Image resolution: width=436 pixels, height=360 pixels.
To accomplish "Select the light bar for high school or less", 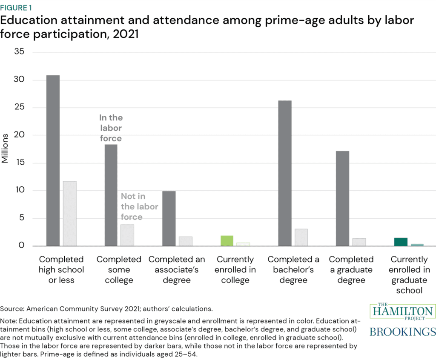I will point(69,214).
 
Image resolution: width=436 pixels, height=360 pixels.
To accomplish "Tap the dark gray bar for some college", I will point(111,195).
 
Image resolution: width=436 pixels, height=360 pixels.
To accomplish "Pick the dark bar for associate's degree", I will point(169,218).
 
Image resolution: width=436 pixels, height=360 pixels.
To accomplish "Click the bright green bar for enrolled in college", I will point(227,241).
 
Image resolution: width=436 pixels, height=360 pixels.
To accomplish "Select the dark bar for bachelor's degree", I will point(284,173).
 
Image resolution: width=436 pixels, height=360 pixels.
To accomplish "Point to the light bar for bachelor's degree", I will point(301,237).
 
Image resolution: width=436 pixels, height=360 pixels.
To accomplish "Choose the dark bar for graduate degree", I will point(342,198).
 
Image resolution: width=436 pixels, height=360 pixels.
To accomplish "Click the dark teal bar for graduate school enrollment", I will point(401,242).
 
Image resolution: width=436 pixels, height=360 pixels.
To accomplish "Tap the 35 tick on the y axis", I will point(20,52).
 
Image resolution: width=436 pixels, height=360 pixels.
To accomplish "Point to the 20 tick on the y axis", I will point(20,135).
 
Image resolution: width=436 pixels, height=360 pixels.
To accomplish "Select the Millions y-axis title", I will point(5,149).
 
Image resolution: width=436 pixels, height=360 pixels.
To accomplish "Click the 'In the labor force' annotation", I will point(111,128).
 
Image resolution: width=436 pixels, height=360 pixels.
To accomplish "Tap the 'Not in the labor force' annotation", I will point(139,206).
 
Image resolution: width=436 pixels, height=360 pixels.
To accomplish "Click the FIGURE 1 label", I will point(16,8).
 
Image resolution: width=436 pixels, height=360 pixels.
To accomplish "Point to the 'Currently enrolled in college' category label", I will point(235,270).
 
